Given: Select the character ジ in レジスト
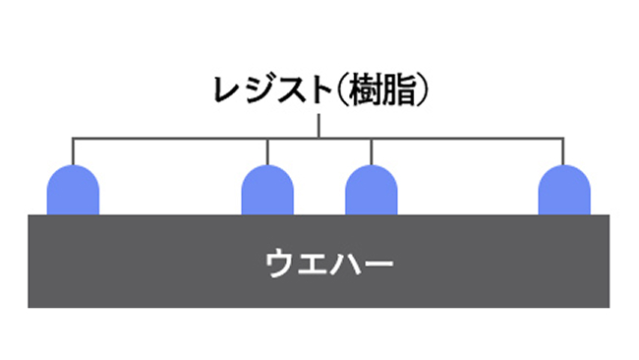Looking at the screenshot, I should point(254,90).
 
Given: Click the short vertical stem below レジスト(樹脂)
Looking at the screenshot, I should point(319,124).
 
